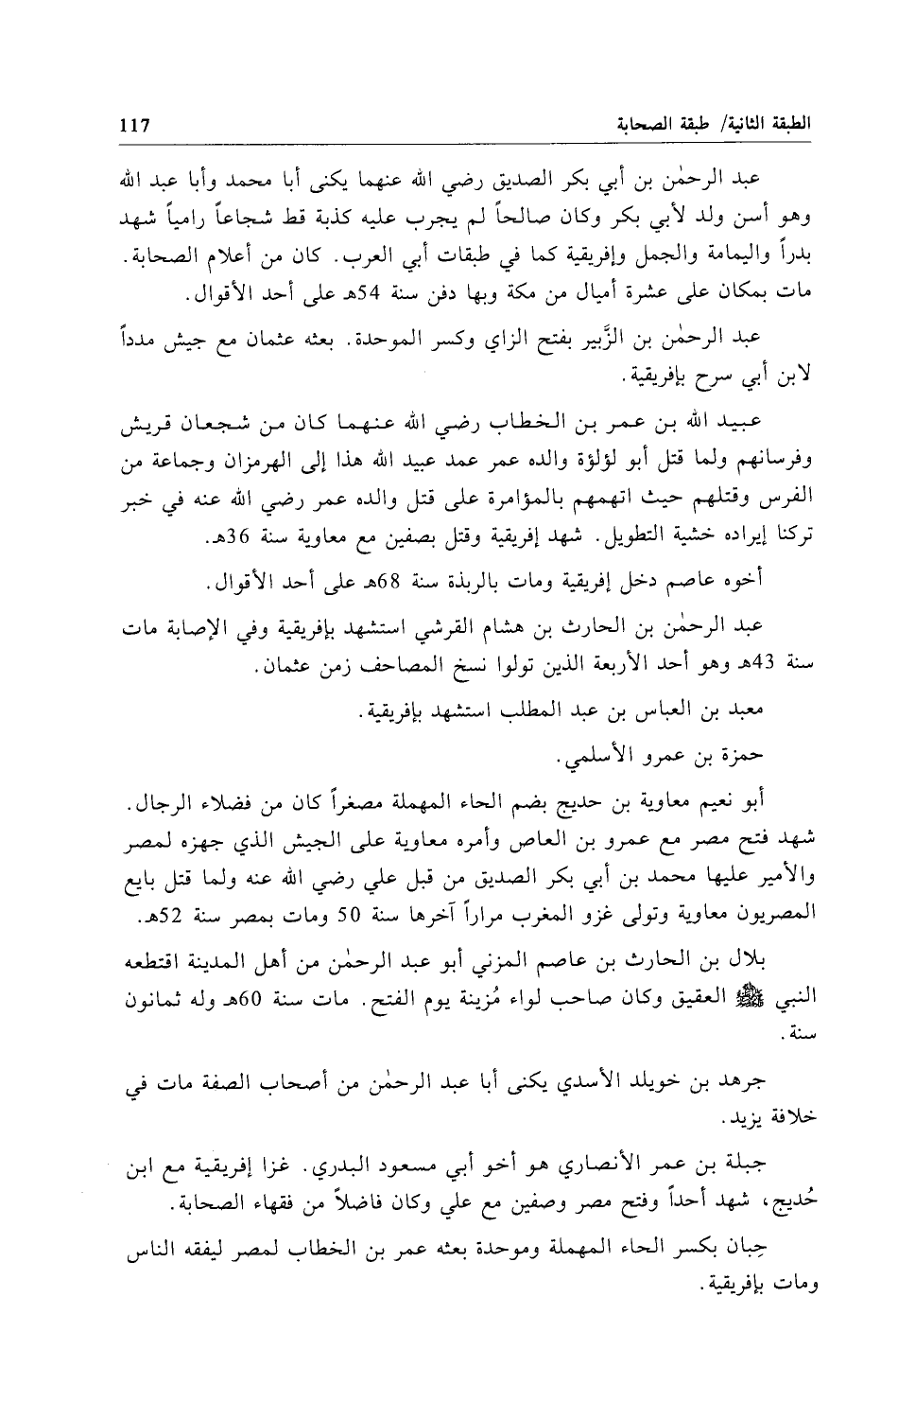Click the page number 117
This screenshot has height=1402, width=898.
pos(136,124)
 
